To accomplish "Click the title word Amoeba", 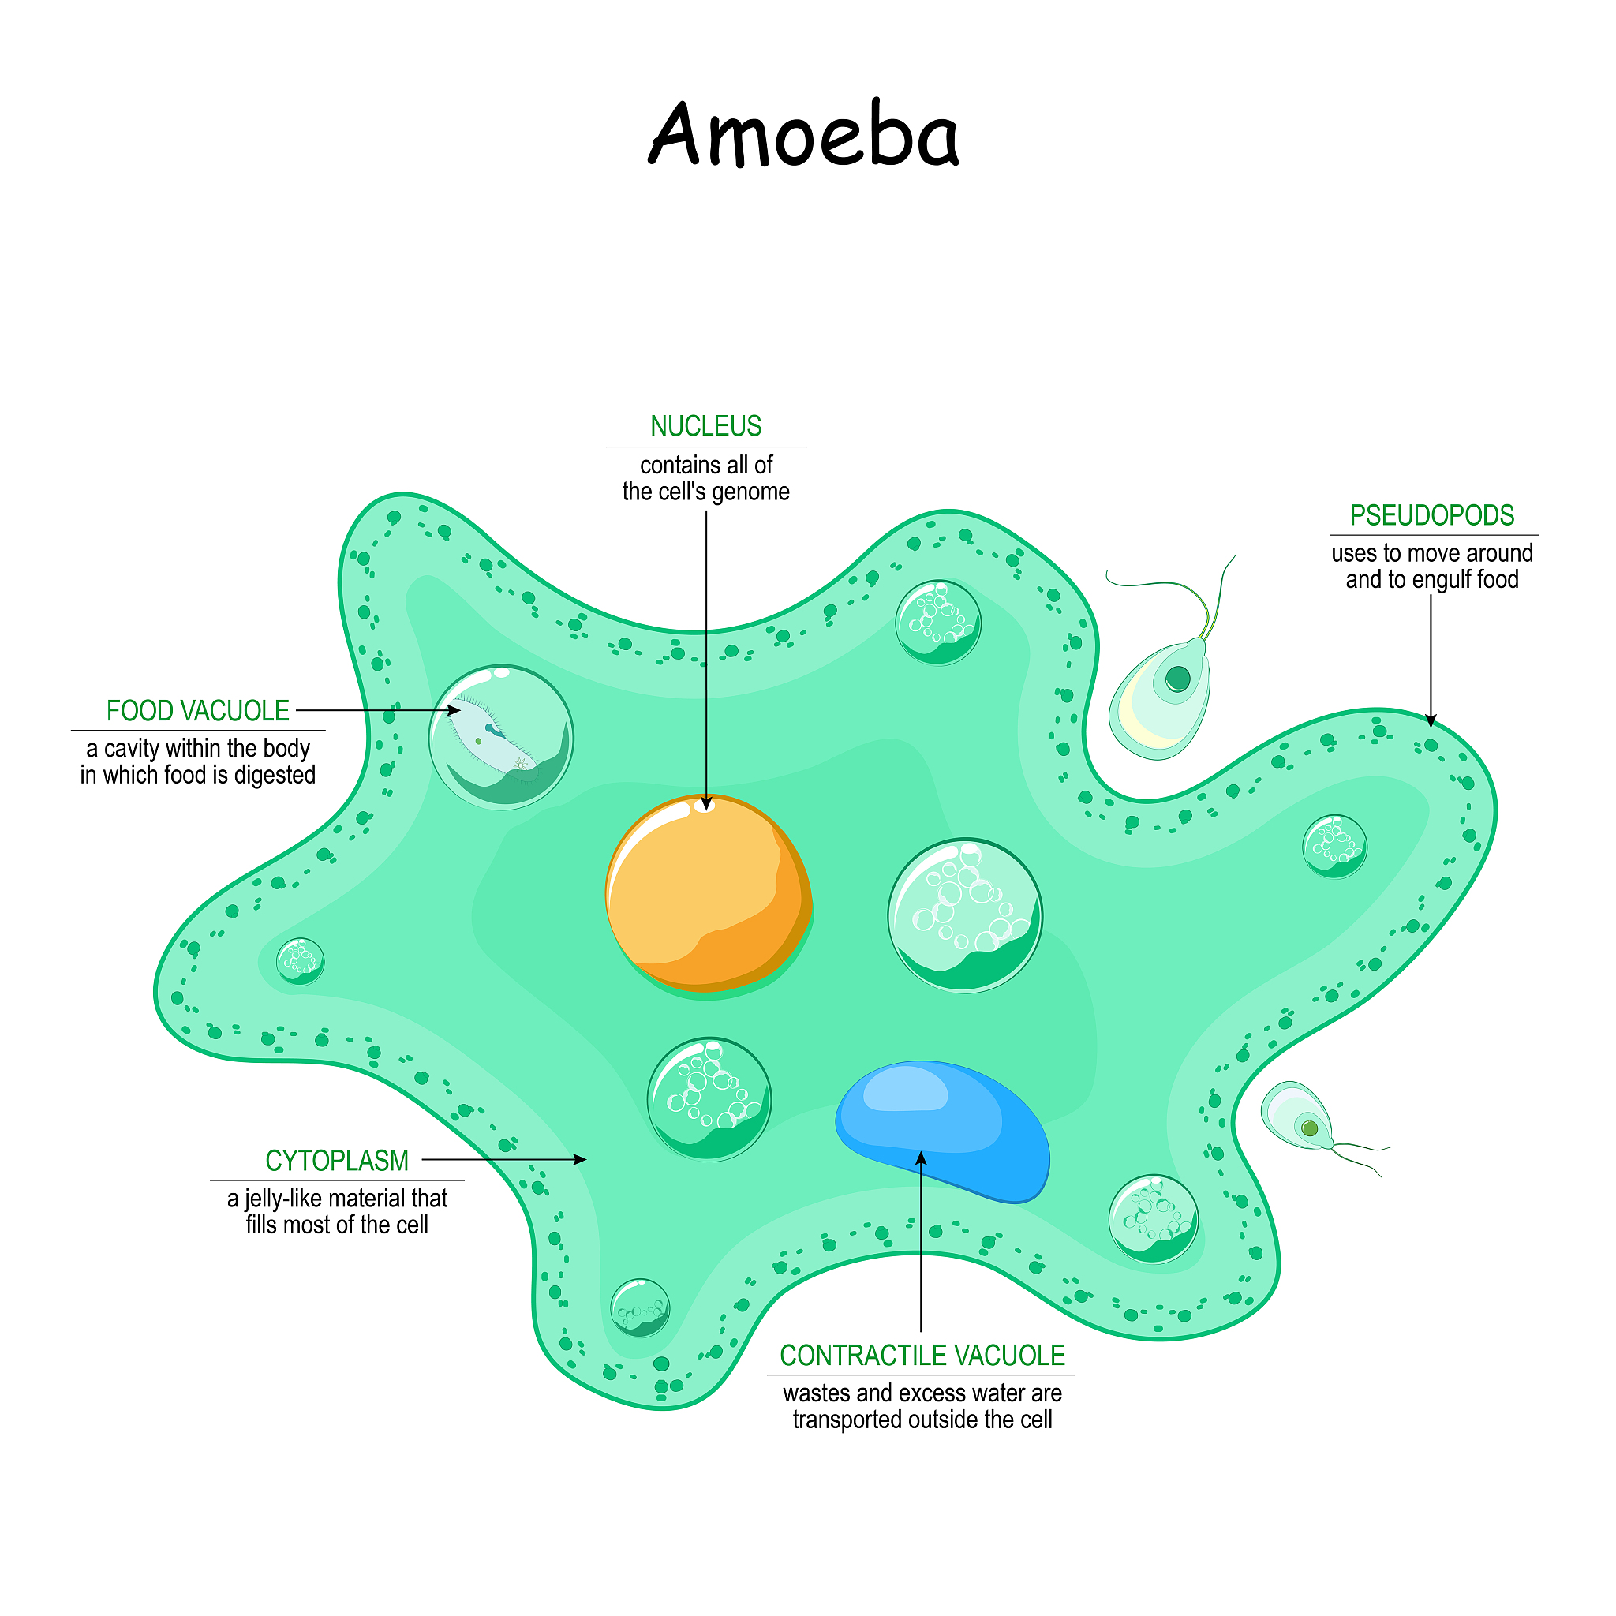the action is [804, 134].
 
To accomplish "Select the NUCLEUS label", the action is [706, 427].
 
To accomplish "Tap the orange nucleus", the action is [709, 896].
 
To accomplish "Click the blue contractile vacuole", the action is [943, 1130].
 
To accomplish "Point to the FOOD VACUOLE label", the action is [197, 711].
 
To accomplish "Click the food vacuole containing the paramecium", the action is [501, 738].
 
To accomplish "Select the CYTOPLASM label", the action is [337, 1161].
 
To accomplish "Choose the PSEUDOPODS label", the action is [1432, 516].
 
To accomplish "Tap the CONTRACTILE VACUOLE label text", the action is [922, 1356].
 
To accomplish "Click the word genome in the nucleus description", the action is [750, 492].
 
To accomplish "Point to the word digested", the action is [275, 776].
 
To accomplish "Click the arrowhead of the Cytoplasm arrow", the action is [580, 1160].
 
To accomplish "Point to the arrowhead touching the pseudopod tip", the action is [1431, 720].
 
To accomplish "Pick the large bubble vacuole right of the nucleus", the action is [964, 916].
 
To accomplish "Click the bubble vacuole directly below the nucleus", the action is [709, 1099].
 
